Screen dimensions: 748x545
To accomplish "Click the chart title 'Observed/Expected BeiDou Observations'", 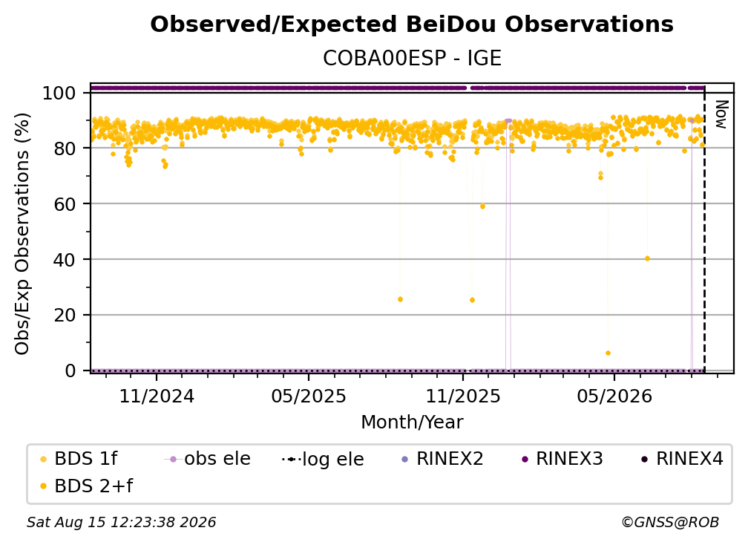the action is (412, 25).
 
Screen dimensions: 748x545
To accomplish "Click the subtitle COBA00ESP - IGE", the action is (412, 59).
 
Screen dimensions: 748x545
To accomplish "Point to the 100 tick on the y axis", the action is (59, 93).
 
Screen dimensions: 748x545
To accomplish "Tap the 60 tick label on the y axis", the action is (65, 204).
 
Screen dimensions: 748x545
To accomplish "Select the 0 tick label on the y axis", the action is (70, 371).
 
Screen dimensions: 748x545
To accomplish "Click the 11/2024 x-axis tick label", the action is (157, 396).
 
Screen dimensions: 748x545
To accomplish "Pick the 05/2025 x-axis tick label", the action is (309, 396).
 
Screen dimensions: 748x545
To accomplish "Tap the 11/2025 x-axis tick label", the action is (463, 396).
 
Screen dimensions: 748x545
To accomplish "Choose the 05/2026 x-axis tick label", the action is (614, 396).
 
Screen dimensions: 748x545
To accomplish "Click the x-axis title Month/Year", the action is (412, 422).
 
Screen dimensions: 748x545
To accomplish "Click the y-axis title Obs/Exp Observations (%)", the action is (22, 234).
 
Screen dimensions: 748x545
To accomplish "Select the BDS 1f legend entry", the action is (78, 459).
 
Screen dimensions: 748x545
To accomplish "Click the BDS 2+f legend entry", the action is (86, 486).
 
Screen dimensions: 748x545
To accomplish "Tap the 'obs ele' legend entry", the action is (207, 459).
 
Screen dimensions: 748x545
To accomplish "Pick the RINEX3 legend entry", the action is (562, 459).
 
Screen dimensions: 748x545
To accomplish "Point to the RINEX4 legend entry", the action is (683, 459).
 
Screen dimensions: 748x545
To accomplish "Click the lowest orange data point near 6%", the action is (608, 353).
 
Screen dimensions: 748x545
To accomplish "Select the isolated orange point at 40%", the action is (647, 258).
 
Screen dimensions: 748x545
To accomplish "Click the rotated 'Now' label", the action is (721, 114).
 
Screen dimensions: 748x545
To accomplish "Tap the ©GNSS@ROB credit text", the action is (670, 523).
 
